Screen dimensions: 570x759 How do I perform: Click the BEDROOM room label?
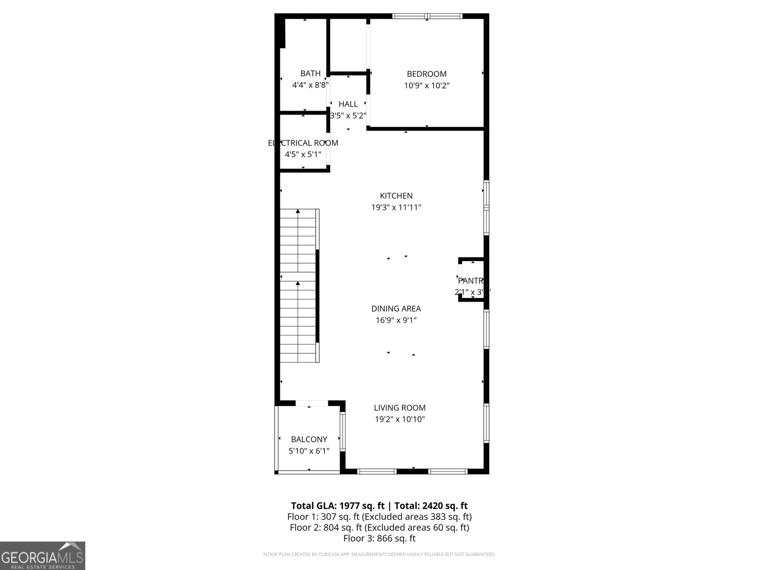tap(426, 74)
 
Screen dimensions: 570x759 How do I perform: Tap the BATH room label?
tap(310, 74)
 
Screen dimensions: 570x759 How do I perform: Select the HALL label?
tap(348, 104)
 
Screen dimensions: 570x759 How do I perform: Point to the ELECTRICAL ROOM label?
tap(303, 143)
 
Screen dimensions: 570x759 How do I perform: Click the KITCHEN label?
tap(396, 196)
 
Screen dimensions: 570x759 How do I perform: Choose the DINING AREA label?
tap(396, 309)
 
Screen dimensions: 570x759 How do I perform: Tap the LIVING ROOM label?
tap(399, 408)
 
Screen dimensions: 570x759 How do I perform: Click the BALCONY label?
tap(309, 439)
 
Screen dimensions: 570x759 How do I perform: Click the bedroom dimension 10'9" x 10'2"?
tap(426, 86)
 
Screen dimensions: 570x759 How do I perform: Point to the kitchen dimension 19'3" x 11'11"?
tap(396, 208)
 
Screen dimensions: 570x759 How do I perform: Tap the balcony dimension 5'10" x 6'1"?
tap(309, 451)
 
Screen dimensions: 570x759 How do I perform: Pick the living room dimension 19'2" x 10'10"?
tap(399, 419)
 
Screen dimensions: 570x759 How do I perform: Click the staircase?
tap(298, 285)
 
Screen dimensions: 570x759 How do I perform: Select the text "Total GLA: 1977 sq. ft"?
tap(337, 506)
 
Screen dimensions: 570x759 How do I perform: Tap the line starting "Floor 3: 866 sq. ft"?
tap(379, 538)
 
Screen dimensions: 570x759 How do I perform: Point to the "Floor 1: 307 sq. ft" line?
tap(379, 517)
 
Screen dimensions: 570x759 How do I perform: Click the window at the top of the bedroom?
tap(427, 16)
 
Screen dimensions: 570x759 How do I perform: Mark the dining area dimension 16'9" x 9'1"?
tap(396, 321)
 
